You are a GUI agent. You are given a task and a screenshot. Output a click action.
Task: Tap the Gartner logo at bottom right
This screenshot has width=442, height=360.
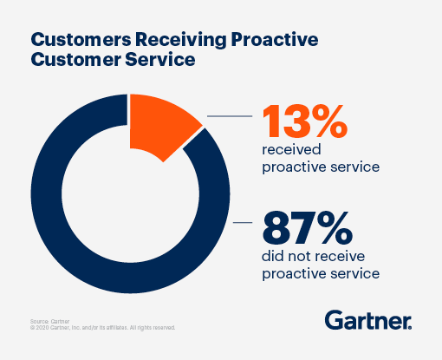pyautogui.click(x=367, y=320)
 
